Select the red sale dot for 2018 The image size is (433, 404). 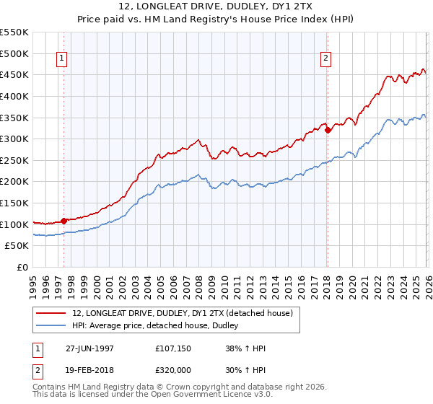pos(328,131)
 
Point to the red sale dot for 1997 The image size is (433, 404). pos(64,221)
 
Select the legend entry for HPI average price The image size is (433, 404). pos(159,326)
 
